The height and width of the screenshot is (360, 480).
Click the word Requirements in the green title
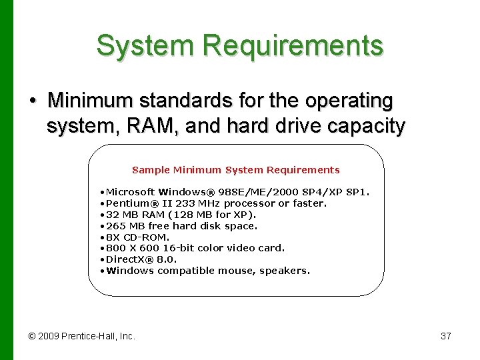293,45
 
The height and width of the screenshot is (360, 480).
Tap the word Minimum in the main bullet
91,101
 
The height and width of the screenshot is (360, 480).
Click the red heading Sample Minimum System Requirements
236,170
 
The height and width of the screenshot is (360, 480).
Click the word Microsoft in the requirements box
131,192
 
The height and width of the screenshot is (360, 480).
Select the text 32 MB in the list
121,215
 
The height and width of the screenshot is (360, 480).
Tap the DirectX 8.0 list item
140,259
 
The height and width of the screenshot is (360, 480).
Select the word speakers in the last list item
287,271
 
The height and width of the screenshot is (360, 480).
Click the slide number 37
446,336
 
